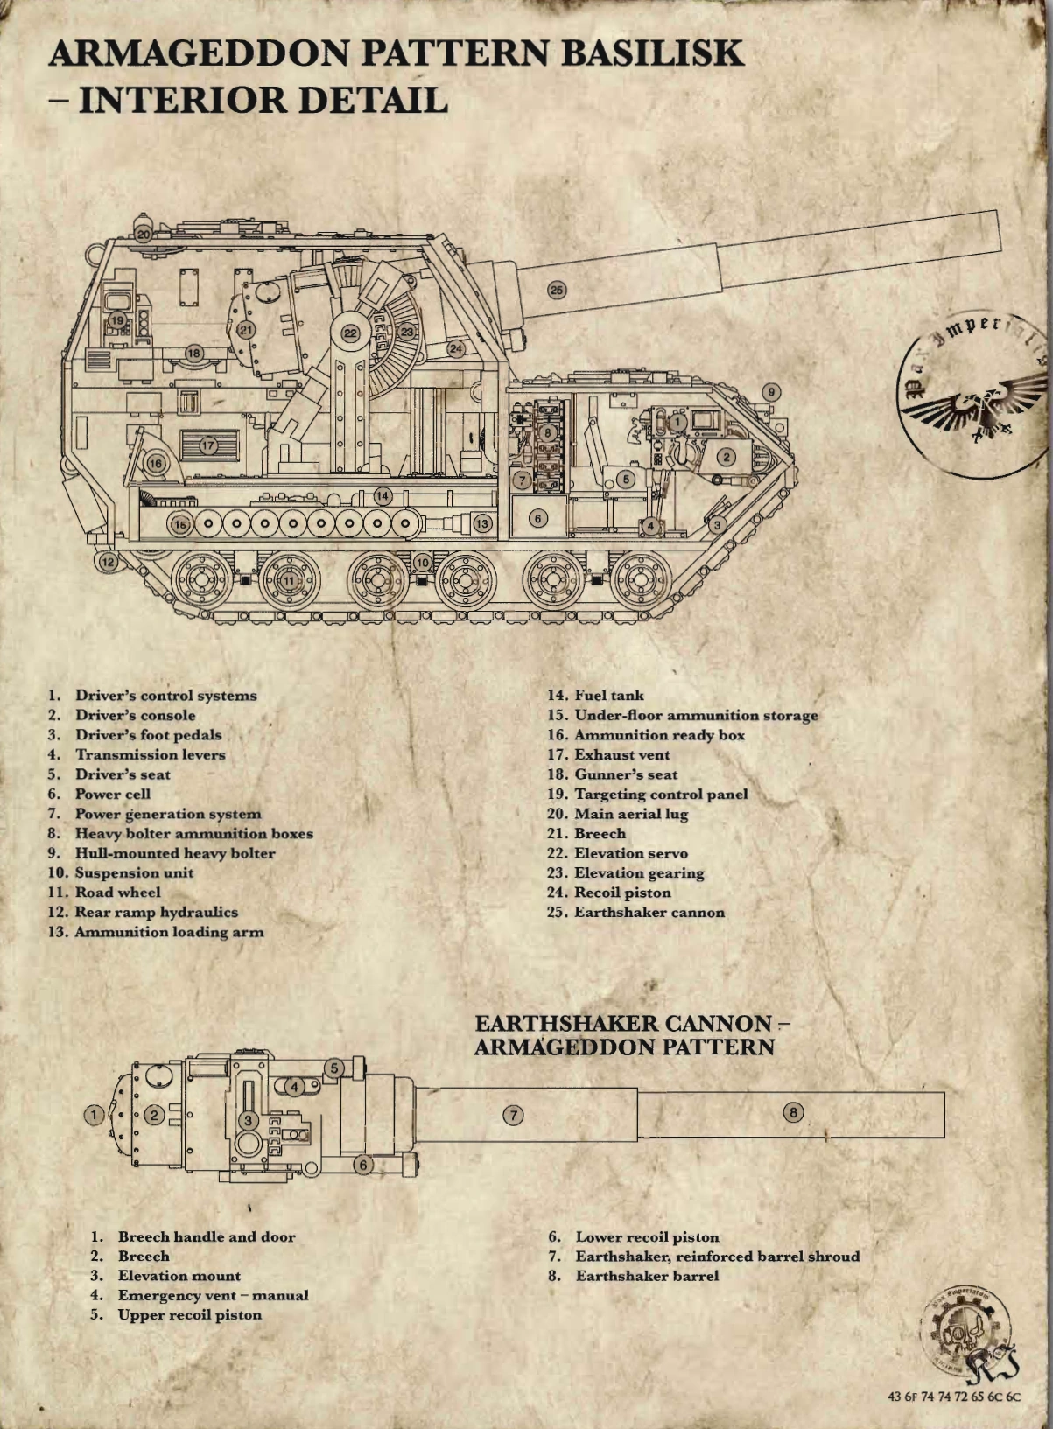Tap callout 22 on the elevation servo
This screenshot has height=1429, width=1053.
tap(351, 333)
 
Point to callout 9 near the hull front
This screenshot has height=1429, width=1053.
tap(770, 392)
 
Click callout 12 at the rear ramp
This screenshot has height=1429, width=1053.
tap(108, 561)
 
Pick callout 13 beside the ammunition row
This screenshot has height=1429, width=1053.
tap(482, 523)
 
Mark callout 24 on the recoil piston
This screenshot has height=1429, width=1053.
tap(456, 348)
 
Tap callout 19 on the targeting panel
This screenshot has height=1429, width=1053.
tap(117, 320)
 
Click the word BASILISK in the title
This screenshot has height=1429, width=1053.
tap(652, 53)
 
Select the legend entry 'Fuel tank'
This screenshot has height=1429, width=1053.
tap(608, 696)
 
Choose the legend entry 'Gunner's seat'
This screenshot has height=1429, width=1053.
tap(625, 774)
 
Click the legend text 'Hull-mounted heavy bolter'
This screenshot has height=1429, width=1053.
tap(175, 853)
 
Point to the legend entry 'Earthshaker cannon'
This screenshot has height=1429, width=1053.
tap(649, 913)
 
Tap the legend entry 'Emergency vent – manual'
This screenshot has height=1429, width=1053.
tap(213, 1295)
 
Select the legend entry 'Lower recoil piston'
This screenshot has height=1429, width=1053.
tap(647, 1237)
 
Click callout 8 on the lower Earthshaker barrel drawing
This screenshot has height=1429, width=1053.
tap(793, 1112)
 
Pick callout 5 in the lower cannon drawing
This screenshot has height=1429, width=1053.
tap(334, 1068)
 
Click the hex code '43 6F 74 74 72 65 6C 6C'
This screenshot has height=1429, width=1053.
tap(954, 1397)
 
